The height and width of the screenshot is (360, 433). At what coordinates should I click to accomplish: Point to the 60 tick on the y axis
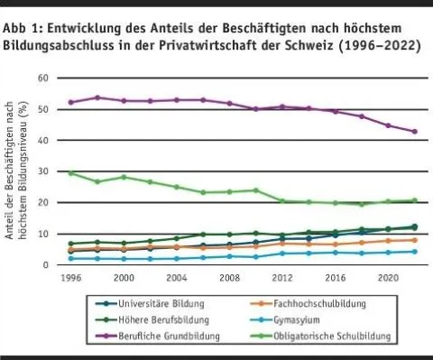pyautogui.click(x=41, y=79)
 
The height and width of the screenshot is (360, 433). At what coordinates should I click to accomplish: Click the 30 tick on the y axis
pyautogui.click(x=41, y=171)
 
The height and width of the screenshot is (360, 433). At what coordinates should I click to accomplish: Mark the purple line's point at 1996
pyautogui.click(x=70, y=102)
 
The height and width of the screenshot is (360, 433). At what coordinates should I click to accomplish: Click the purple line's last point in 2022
pyautogui.click(x=415, y=132)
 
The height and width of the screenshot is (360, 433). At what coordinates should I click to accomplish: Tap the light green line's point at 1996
pyautogui.click(x=70, y=172)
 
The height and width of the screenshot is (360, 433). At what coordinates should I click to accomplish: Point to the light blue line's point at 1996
pyautogui.click(x=70, y=258)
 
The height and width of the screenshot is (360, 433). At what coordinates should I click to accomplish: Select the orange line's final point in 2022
pyautogui.click(x=415, y=240)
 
